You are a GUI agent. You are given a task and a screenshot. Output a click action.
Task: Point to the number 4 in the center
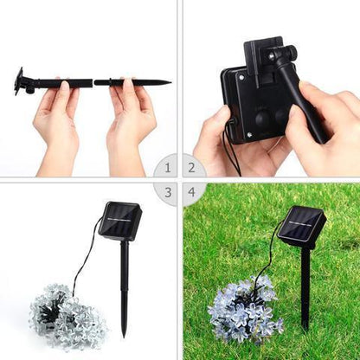point(192,192)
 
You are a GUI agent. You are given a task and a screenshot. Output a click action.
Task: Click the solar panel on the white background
point(120,221)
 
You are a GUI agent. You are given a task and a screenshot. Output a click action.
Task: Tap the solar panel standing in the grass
point(301,227)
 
